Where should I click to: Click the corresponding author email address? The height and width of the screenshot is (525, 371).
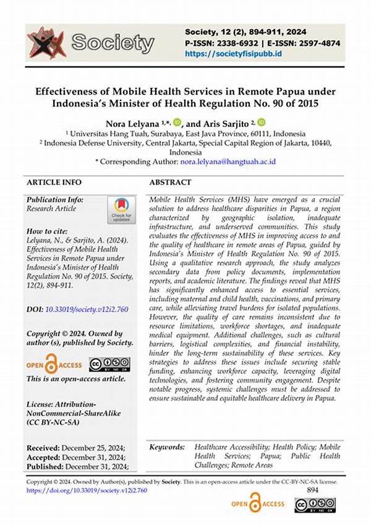(x=228, y=161)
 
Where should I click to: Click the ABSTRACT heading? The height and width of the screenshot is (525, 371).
(x=171, y=183)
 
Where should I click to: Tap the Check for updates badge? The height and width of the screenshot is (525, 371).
(x=122, y=209)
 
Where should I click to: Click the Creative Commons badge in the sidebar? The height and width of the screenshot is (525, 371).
(x=109, y=364)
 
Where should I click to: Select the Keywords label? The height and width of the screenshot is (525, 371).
(x=168, y=447)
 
